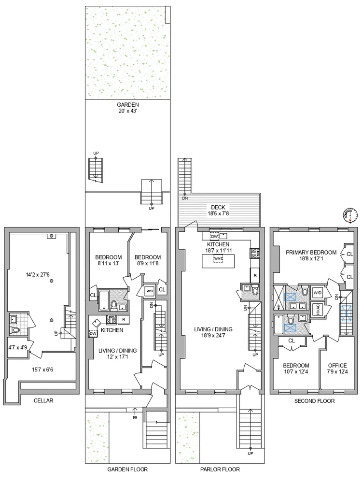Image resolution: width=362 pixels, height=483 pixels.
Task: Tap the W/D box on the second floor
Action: click(x=318, y=293)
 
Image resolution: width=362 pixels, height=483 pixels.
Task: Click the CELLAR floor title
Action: click(x=43, y=400)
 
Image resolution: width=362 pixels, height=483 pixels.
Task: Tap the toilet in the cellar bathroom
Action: click(x=14, y=331)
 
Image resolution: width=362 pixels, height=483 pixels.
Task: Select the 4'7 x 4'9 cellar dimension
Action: click(x=17, y=347)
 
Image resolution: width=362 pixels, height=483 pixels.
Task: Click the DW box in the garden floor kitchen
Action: click(x=94, y=333)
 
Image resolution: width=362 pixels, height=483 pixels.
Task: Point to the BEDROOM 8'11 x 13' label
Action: click(x=108, y=260)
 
